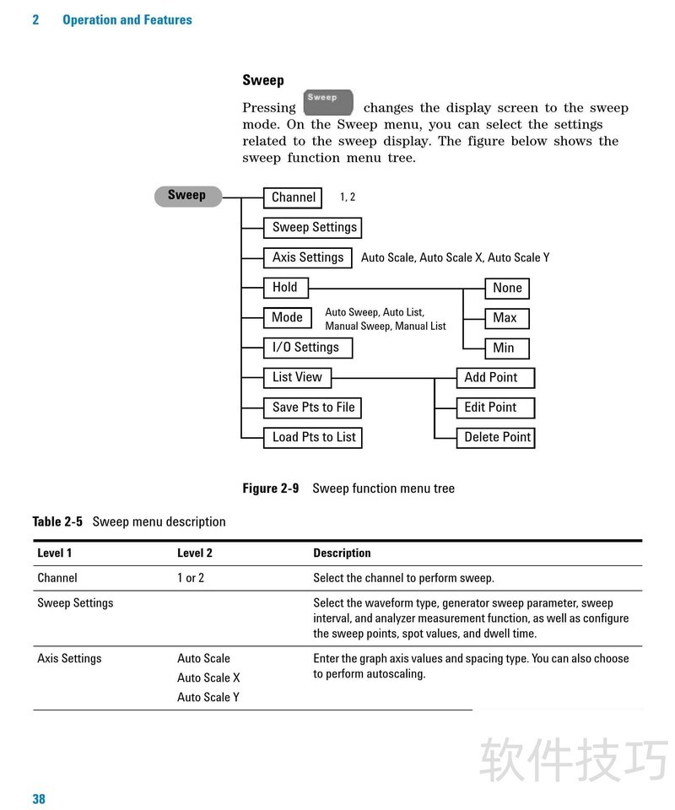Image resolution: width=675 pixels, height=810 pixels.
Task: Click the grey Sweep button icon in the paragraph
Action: (327, 103)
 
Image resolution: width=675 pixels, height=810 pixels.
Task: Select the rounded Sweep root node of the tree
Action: (186, 196)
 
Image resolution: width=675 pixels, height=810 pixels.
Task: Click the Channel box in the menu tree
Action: (293, 197)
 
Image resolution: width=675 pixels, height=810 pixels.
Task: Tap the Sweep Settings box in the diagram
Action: (314, 227)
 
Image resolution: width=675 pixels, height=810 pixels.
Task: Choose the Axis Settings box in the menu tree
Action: (307, 257)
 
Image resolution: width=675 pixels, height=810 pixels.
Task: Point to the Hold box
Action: (286, 287)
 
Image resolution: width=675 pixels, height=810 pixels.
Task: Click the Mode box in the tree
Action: (287, 317)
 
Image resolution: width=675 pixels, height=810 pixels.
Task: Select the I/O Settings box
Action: (307, 347)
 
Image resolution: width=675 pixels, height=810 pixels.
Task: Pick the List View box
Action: (298, 377)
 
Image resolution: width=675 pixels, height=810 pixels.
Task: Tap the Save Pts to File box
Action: (313, 408)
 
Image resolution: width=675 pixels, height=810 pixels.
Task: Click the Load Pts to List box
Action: (314, 437)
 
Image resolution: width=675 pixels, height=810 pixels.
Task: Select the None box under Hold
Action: (507, 288)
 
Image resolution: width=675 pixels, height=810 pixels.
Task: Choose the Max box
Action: (505, 318)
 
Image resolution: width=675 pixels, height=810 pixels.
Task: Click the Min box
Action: (504, 348)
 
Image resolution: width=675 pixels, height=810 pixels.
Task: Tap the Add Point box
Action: (495, 377)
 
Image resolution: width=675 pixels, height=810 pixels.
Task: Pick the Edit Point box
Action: (494, 408)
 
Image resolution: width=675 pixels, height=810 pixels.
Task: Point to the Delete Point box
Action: (496, 437)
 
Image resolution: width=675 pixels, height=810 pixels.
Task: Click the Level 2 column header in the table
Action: (195, 553)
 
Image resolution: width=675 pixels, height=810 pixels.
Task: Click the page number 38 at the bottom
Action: (39, 799)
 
